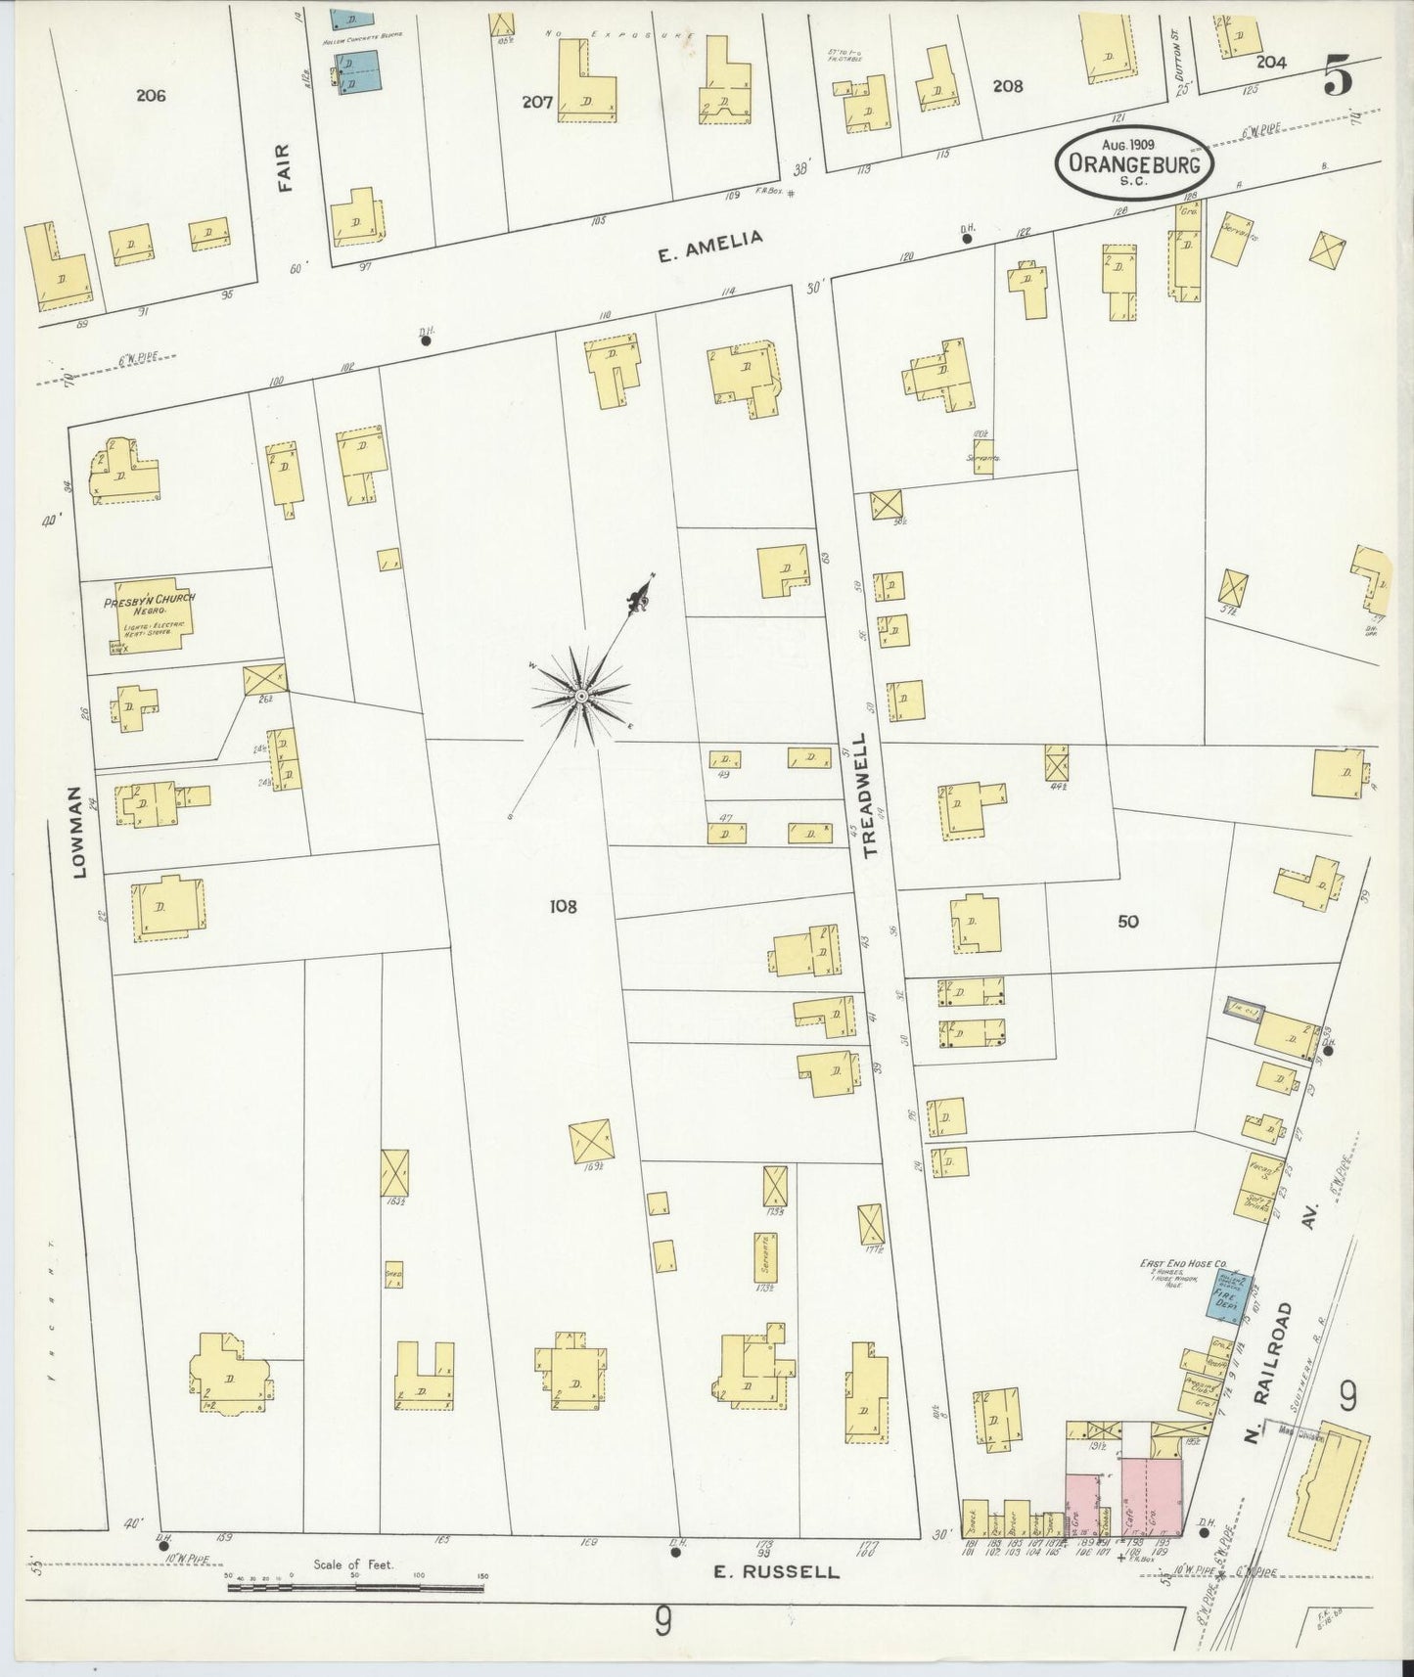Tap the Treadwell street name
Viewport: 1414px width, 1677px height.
pos(869,795)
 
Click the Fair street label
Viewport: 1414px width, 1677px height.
pos(286,166)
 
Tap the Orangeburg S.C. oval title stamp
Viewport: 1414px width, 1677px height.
pos(1134,163)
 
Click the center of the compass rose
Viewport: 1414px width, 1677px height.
pos(580,695)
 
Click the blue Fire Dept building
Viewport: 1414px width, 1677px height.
pos(1223,1297)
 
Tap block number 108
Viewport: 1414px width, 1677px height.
pos(563,906)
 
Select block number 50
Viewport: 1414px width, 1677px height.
pos(1128,921)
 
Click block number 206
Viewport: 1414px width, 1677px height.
pos(151,95)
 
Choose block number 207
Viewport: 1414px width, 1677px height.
pos(537,101)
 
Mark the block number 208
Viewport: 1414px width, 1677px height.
pos(1007,85)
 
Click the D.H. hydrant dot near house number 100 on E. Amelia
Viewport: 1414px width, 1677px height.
pos(426,341)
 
